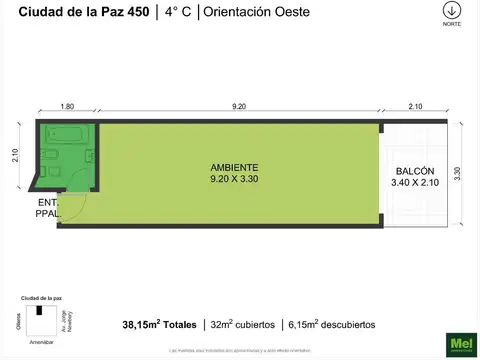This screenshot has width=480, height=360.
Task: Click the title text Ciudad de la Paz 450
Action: [x=76, y=12]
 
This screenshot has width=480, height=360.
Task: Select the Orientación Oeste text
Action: [x=255, y=12]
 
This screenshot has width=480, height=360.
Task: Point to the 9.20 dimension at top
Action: [x=240, y=105]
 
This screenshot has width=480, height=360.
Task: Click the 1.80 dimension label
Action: [x=68, y=105]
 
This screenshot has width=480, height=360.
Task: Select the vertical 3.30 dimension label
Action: [x=458, y=172]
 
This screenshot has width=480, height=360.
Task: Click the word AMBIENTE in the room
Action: [x=236, y=167]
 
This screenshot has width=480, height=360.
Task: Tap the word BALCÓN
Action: [x=414, y=171]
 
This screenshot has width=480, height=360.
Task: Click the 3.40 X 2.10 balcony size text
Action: [x=414, y=183]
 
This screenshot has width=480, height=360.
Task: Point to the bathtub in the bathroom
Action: [x=69, y=133]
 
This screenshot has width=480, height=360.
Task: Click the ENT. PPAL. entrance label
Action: [x=47, y=206]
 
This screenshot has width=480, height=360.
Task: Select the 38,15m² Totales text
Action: [x=160, y=324]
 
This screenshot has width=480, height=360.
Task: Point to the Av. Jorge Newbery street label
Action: [x=79, y=320]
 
